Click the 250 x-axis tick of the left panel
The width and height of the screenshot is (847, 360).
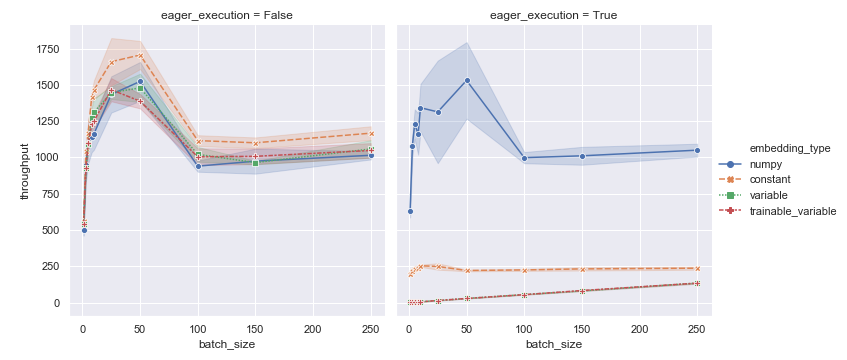click(371, 327)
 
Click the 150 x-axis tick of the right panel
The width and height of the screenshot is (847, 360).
click(582, 327)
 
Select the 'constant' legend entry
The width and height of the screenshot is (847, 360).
click(777, 179)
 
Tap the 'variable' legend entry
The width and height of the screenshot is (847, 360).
click(776, 194)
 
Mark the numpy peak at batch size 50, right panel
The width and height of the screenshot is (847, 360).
click(467, 80)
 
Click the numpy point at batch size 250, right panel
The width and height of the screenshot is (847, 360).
click(697, 150)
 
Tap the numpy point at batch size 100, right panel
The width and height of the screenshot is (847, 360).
click(524, 158)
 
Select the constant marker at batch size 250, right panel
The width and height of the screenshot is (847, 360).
click(697, 268)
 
